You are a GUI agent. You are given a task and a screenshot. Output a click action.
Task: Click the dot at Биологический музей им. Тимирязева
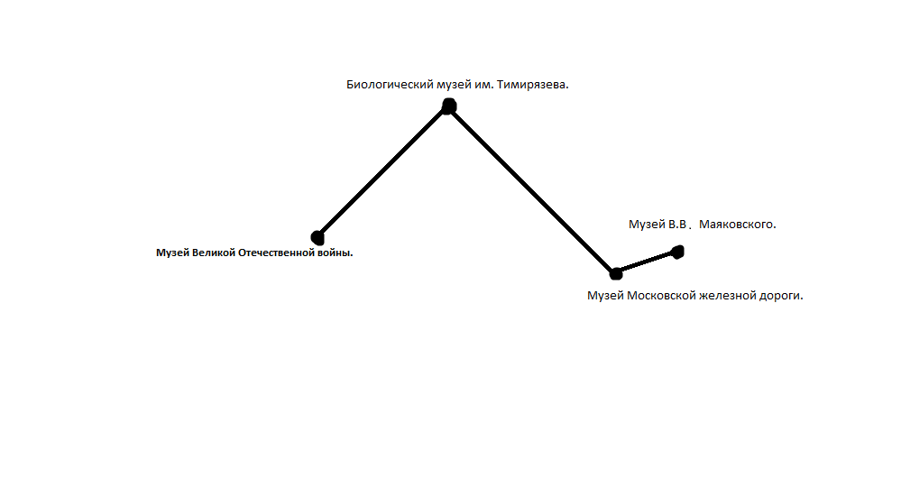tap(449, 106)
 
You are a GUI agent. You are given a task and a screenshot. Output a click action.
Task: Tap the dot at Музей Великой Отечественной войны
tap(317, 237)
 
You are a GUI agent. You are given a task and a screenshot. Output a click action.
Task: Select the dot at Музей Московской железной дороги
tap(616, 273)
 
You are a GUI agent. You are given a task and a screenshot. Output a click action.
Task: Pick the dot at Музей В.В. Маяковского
tap(678, 252)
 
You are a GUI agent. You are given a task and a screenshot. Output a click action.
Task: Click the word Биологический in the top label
tap(390, 85)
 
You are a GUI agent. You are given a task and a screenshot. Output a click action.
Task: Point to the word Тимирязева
tap(533, 85)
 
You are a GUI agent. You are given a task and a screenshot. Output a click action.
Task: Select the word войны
tap(335, 253)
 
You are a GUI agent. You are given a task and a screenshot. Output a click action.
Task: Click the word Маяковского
tap(737, 225)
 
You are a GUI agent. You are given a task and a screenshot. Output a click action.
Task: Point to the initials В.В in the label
tap(677, 225)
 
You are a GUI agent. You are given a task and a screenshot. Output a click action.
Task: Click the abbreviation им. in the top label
tap(483, 85)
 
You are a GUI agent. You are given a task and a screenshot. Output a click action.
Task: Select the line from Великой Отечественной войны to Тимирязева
tap(383, 171)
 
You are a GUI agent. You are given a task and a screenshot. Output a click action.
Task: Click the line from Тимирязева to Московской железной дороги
tap(533, 190)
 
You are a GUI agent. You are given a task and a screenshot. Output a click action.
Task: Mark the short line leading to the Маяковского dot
tap(647, 262)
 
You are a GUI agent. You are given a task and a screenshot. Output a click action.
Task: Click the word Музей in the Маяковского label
tap(647, 225)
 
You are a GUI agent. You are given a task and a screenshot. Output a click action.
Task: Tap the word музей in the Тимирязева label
tap(454, 85)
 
